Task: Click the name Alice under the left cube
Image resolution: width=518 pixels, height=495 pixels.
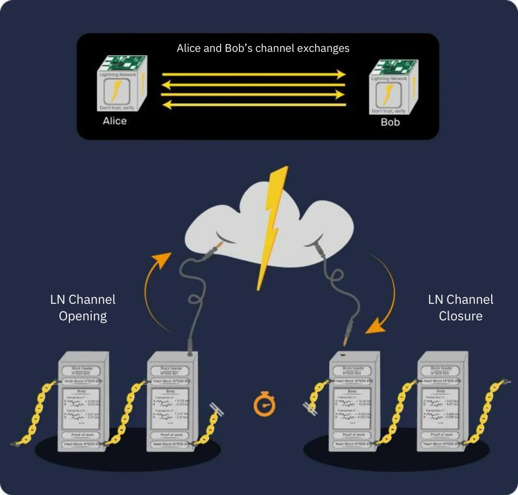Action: [115, 121]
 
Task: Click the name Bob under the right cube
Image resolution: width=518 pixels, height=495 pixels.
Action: [390, 122]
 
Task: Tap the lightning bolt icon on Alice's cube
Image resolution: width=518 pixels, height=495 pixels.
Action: [116, 91]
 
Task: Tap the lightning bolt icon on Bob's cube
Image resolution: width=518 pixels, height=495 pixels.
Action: [387, 94]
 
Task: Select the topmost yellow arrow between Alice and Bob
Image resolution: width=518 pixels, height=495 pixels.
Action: [254, 75]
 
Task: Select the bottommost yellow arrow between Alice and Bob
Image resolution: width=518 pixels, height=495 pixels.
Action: [254, 105]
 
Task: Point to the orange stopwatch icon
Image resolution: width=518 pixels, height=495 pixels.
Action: [264, 404]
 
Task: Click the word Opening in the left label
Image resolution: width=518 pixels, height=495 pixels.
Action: [83, 316]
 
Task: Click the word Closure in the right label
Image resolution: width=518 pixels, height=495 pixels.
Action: [461, 316]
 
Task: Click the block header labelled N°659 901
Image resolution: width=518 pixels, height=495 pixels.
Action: [172, 371]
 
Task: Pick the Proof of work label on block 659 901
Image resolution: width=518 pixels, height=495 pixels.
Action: [172, 435]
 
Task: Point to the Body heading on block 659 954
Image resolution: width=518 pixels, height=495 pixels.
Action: [352, 391]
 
